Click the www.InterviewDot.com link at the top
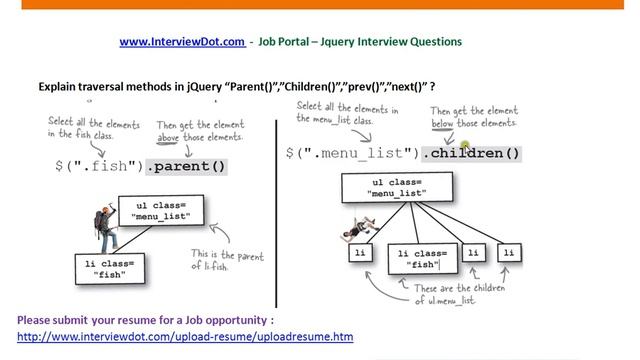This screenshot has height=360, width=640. [182, 42]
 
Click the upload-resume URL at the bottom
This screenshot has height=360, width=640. [185, 337]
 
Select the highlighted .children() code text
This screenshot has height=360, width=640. [471, 153]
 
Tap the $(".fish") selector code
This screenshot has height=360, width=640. [99, 166]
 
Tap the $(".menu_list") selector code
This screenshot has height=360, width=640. [351, 153]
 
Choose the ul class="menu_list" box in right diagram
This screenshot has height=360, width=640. [397, 187]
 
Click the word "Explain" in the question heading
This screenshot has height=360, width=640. [59, 87]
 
